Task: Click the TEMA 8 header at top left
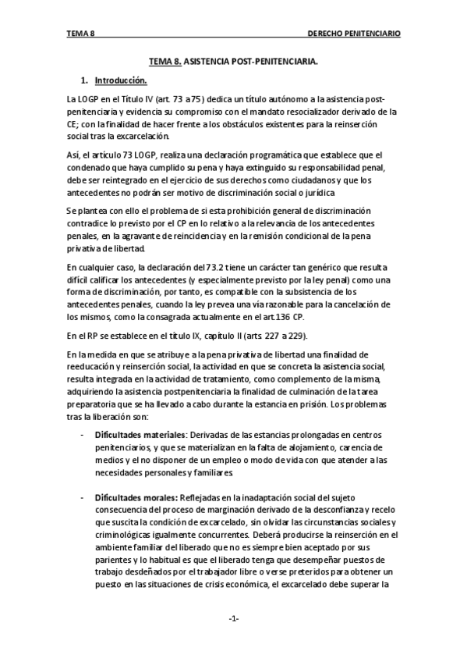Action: [x=80, y=34]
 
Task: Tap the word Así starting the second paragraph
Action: [x=74, y=156]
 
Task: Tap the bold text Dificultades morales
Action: [x=134, y=497]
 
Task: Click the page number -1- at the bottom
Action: [x=233, y=619]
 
